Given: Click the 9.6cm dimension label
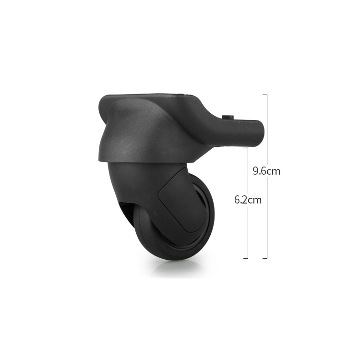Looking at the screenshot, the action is pyautogui.click(x=266, y=171).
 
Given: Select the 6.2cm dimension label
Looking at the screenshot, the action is pyautogui.click(x=248, y=200).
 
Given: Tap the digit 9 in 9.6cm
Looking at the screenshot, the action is pyautogui.click(x=255, y=171).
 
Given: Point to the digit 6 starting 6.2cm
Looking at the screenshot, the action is pyautogui.click(x=237, y=200).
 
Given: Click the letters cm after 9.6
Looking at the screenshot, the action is pyautogui.click(x=274, y=172).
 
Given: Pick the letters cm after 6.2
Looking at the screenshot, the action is pyautogui.click(x=255, y=201).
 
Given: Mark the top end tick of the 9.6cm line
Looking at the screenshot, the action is pyautogui.click(x=264, y=95).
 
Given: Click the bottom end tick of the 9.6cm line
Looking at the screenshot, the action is pyautogui.click(x=264, y=258).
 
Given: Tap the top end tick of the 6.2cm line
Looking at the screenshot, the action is pyautogui.click(x=246, y=147).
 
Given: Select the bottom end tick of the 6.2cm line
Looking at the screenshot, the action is pyautogui.click(x=246, y=258).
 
